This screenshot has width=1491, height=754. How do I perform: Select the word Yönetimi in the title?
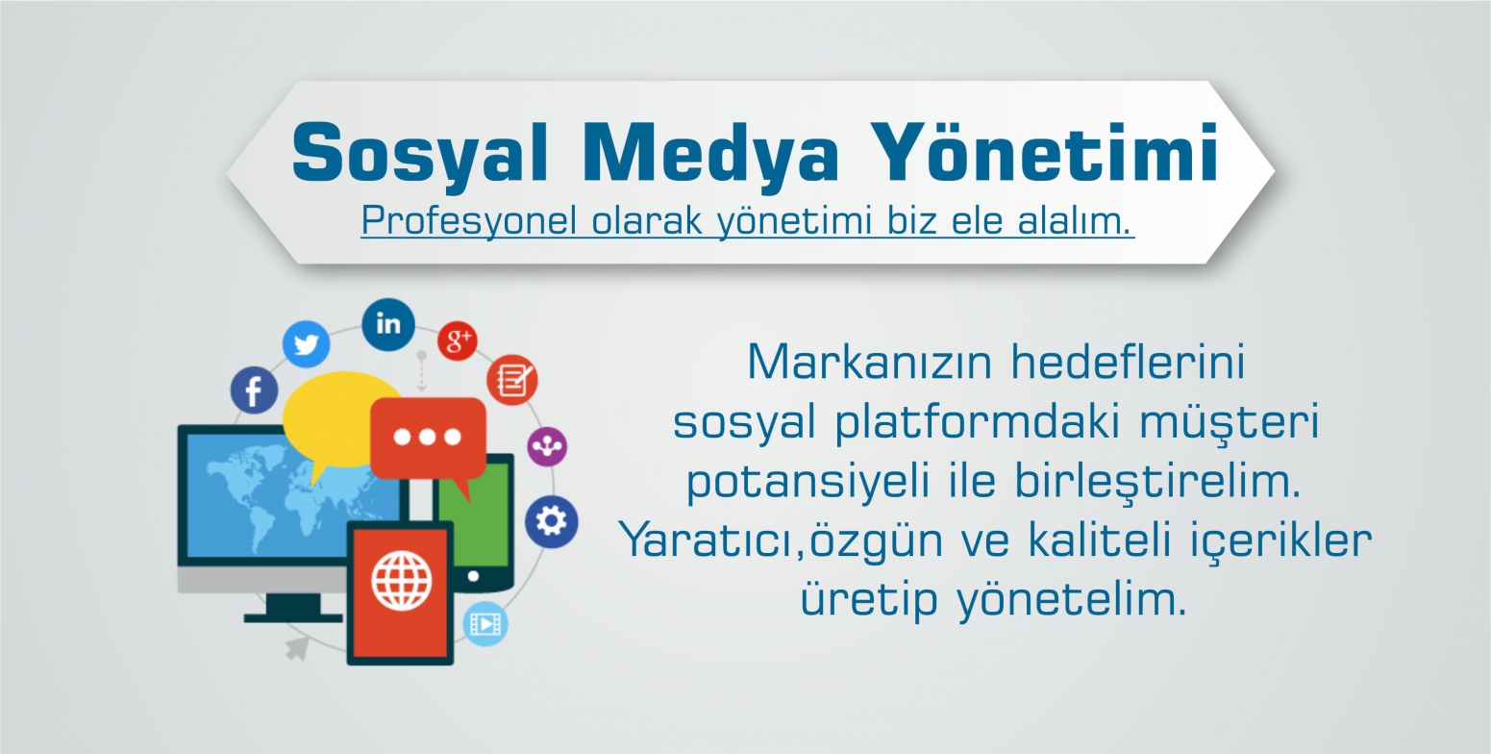click(x=1044, y=152)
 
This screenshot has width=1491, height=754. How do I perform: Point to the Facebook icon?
click(x=254, y=390)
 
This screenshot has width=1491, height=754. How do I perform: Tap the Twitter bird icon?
click(x=307, y=344)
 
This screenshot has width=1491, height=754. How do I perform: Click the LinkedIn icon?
click(x=388, y=324)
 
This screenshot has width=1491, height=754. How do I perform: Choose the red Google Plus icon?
click(x=458, y=341)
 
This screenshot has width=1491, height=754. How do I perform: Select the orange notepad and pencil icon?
click(x=511, y=380)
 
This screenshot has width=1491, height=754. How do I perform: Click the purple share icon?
click(x=547, y=446)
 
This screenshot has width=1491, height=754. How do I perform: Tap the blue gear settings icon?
click(x=551, y=521)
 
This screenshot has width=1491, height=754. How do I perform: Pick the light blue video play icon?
click(x=485, y=624)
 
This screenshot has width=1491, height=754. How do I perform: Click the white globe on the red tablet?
click(x=402, y=581)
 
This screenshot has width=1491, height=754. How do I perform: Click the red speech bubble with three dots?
click(x=428, y=440)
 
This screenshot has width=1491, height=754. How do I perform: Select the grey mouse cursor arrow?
click(x=297, y=647)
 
